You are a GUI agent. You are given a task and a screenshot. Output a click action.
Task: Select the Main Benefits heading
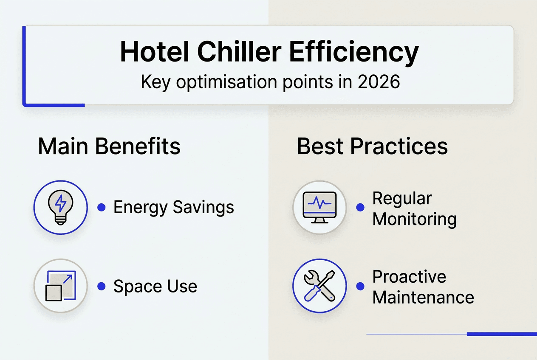[109, 146]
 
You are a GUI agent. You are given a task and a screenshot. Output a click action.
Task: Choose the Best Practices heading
[372, 146]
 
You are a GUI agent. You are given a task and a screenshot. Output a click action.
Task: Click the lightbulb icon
[60, 207]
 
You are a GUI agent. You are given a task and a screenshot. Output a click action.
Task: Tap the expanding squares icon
[60, 286]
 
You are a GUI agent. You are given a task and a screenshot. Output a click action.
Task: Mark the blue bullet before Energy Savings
[101, 208]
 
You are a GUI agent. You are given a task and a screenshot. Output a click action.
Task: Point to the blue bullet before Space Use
[101, 287]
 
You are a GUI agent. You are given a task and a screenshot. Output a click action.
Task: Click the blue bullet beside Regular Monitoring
[360, 208]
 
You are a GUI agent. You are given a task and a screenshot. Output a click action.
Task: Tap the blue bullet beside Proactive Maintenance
[360, 287]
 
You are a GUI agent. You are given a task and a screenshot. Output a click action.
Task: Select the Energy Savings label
[173, 208]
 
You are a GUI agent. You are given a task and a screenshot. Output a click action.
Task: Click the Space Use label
[155, 287]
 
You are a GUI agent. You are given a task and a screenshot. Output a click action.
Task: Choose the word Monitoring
[414, 219]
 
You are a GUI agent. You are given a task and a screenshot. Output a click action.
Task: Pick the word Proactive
[409, 277]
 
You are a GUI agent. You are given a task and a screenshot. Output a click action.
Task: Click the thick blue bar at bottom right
[501, 334]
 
